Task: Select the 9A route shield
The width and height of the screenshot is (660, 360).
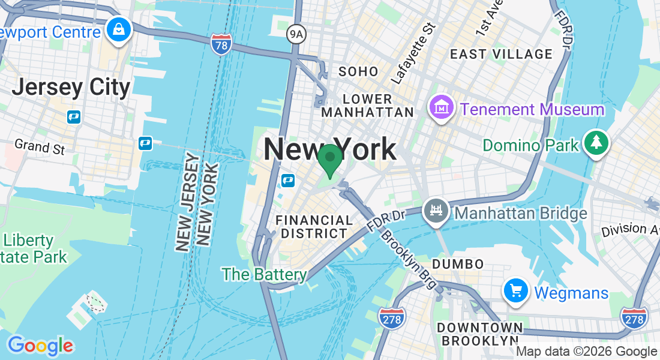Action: pos(296,34)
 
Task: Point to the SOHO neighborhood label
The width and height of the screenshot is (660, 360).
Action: pos(358,72)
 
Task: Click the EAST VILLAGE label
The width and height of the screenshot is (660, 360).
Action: pos(501,54)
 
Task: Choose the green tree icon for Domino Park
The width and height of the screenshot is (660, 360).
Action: pos(596,143)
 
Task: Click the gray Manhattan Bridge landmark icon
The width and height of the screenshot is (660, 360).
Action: pos(436,211)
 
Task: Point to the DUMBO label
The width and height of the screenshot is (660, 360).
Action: pos(457,264)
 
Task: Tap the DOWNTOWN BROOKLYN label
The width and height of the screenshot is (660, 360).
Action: pos(479,334)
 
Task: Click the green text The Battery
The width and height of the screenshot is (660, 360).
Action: pos(264,275)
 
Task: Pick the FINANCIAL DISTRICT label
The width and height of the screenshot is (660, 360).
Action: pos(314,227)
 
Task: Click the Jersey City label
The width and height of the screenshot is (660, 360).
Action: pos(71,88)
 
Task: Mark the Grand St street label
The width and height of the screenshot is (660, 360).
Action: pos(40,146)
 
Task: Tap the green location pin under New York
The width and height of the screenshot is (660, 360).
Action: pos(329,160)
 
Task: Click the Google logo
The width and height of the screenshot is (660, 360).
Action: pos(40,346)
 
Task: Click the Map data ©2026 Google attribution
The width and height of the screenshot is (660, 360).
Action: pos(586,352)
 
